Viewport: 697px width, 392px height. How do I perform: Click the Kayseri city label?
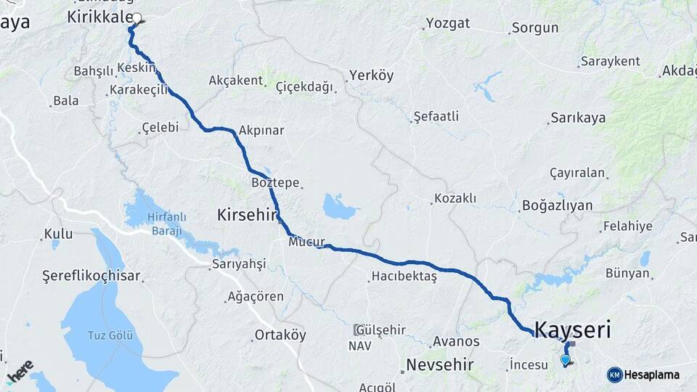tap(572, 330)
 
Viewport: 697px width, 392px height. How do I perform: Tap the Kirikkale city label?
tap(99, 17)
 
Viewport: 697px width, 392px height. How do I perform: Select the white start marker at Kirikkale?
tap(136, 18)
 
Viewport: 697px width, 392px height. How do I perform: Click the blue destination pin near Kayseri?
tap(566, 359)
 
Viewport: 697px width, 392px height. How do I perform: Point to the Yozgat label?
tap(448, 23)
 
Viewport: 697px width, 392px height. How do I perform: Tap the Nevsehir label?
tap(440, 364)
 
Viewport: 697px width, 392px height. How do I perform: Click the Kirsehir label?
tap(248, 214)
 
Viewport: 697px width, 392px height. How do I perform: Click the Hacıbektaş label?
tap(404, 276)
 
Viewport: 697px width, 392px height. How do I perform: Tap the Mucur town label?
tap(306, 242)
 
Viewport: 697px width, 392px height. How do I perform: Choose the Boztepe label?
tap(275, 183)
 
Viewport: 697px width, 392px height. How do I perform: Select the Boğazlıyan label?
tap(557, 205)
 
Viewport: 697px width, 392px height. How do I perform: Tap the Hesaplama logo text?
tap(652, 375)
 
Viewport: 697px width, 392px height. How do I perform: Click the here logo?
tap(20, 369)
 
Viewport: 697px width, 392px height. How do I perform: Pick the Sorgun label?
tap(535, 28)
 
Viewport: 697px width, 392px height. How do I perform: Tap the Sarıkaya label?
tap(578, 118)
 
